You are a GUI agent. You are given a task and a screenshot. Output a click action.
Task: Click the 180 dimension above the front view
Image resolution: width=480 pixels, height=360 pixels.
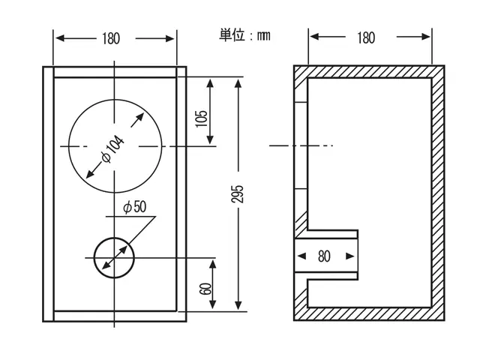pos(111,38)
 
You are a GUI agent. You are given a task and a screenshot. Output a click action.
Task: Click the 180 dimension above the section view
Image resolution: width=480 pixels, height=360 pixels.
pos(366,37)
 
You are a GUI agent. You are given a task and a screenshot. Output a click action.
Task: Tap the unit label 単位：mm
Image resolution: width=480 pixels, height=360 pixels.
pos(244,35)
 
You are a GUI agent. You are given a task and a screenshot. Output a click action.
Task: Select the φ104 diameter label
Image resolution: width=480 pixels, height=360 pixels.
pos(113,149)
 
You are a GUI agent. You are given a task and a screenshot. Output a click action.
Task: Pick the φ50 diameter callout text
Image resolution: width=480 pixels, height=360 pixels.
pos(135,207)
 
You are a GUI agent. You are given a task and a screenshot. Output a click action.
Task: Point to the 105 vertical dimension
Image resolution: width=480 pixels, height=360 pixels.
pos(201,118)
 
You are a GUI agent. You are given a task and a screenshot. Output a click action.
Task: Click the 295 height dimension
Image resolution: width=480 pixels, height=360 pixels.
pos(237,193)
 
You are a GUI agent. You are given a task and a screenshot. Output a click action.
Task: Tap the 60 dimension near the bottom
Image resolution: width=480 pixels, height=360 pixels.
pos(205,289)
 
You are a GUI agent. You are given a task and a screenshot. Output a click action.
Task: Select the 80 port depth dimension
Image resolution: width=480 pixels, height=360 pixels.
pos(324,256)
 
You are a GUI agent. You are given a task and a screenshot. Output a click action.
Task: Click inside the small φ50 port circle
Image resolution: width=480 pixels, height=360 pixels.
pos(114,258)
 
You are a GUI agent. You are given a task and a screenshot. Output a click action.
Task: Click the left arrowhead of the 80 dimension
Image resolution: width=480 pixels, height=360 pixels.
pos(301,256)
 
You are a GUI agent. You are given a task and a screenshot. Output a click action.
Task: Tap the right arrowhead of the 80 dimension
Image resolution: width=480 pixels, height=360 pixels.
pos(350,256)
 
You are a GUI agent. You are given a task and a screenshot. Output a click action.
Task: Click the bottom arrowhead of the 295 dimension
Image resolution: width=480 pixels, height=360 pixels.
pos(238,305)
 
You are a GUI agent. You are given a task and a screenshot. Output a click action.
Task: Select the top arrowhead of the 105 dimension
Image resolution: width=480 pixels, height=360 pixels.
pos(210,83)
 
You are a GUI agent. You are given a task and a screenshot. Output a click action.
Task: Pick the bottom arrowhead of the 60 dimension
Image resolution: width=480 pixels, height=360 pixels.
pos(212,304)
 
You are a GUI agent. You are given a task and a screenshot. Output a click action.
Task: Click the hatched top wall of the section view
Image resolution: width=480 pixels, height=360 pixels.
pos(369,72)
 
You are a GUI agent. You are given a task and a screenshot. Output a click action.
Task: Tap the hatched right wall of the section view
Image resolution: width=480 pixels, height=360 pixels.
pos(438,193)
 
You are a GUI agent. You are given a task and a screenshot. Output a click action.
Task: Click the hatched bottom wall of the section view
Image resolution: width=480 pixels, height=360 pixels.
pos(369,313)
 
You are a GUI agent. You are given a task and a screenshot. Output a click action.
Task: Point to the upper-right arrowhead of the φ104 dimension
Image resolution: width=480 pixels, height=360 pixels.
pos(140,117)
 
